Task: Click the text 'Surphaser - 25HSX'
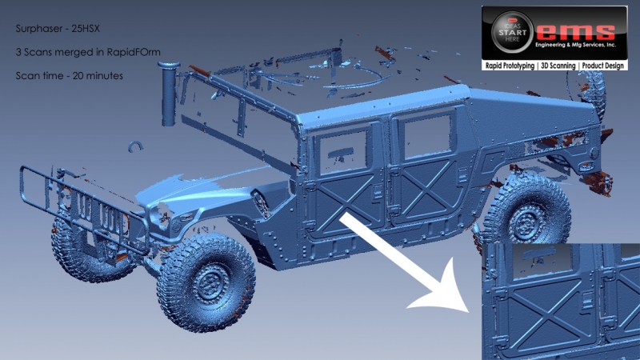(58, 29)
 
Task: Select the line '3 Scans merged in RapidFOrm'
(88, 52)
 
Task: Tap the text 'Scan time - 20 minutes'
(69, 76)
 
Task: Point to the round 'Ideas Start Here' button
(512, 32)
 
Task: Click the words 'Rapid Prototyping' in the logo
(510, 66)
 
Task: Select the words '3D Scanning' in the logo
(558, 66)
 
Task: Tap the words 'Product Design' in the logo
(603, 66)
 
